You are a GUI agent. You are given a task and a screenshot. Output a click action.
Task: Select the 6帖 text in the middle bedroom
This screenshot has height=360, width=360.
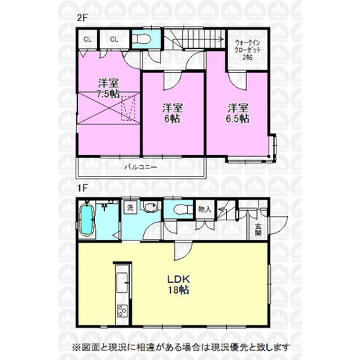tap(173, 119)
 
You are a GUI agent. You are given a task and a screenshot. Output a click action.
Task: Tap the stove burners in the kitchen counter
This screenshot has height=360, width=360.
tap(121, 310)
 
